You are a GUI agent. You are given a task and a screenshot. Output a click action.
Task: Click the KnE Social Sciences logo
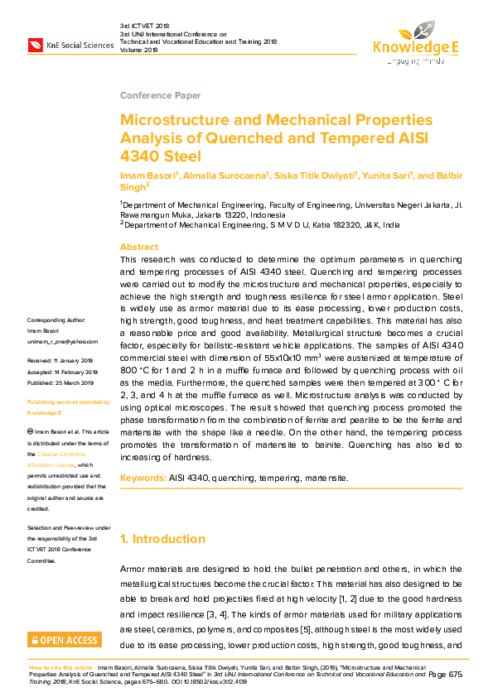coord(70,44)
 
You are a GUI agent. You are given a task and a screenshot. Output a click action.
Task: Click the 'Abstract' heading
coord(138,247)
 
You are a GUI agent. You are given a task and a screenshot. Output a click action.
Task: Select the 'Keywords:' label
coord(143,478)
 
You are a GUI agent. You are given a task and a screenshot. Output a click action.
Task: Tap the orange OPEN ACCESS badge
coord(65,640)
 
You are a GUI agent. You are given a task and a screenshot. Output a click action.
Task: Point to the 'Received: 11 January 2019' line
coord(60,361)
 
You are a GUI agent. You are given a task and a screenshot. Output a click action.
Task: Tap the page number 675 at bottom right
coord(455,675)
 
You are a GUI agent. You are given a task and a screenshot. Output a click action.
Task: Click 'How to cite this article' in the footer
coord(60,666)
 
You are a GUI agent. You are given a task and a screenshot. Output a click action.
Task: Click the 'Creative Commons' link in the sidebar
coord(67,454)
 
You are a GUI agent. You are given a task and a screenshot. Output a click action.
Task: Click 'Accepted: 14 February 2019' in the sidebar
coord(62,372)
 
